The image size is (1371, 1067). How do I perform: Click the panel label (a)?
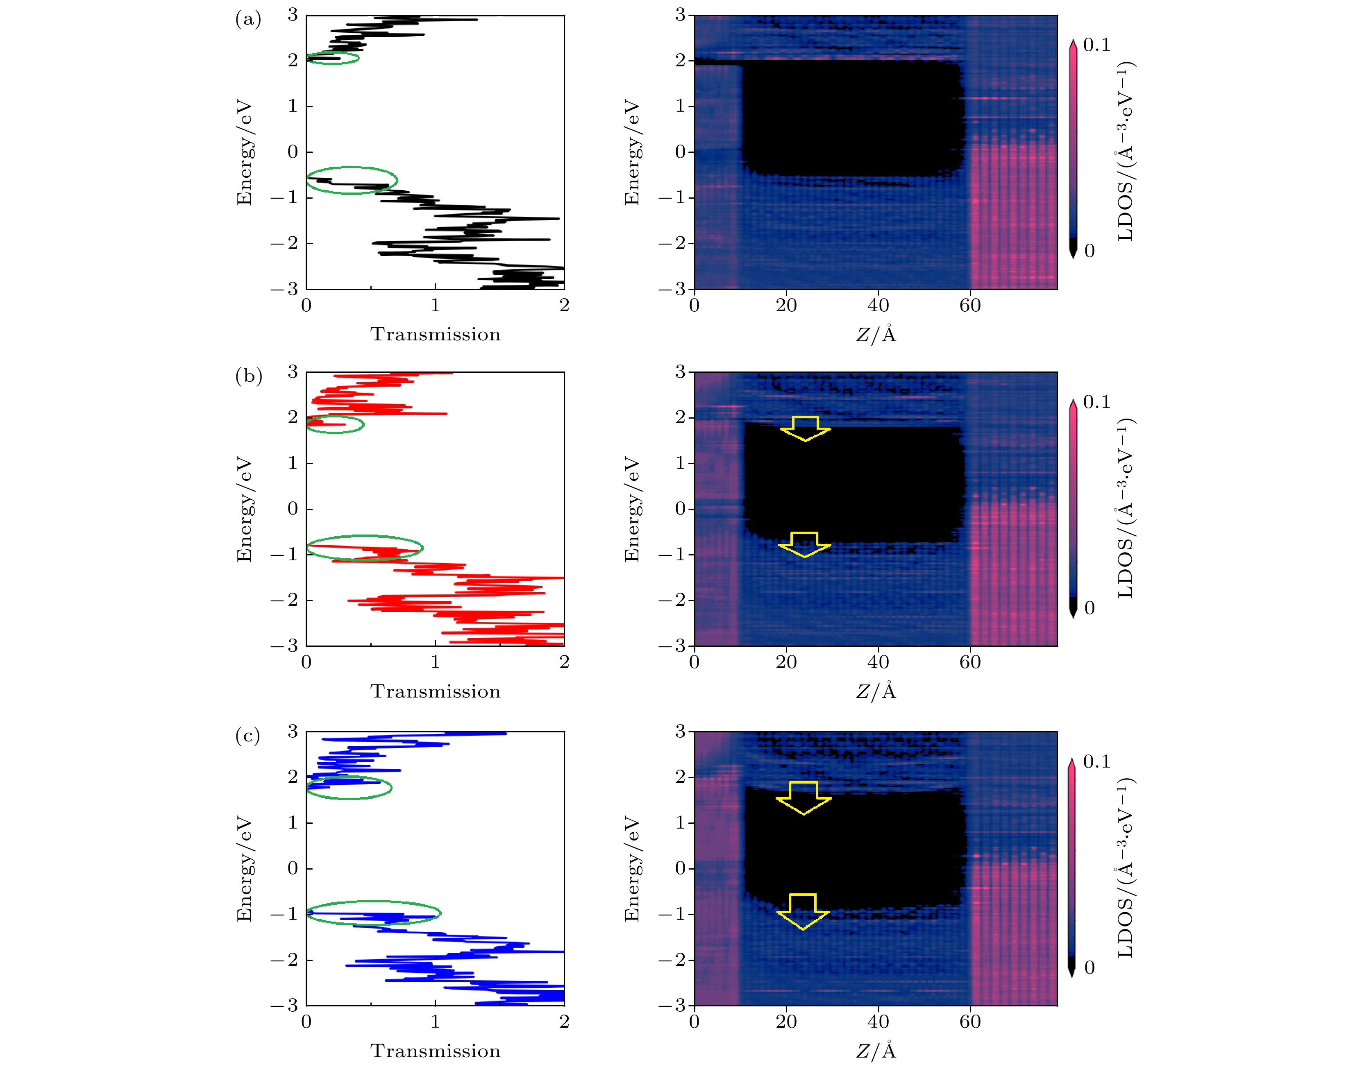click(248, 20)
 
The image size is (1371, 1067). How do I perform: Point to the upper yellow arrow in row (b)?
click(806, 429)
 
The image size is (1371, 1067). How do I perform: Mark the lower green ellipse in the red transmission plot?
click(365, 548)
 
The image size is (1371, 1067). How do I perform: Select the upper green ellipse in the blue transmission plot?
click(349, 788)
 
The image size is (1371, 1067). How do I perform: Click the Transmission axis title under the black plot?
click(435, 335)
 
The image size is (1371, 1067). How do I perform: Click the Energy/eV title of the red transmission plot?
click(244, 509)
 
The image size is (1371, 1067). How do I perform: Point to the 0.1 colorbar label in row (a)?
click(1096, 45)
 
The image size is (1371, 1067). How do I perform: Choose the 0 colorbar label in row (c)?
click(1090, 967)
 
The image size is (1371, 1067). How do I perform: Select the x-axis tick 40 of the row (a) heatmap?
click(878, 306)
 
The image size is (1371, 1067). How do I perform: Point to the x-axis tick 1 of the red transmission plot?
click(435, 662)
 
